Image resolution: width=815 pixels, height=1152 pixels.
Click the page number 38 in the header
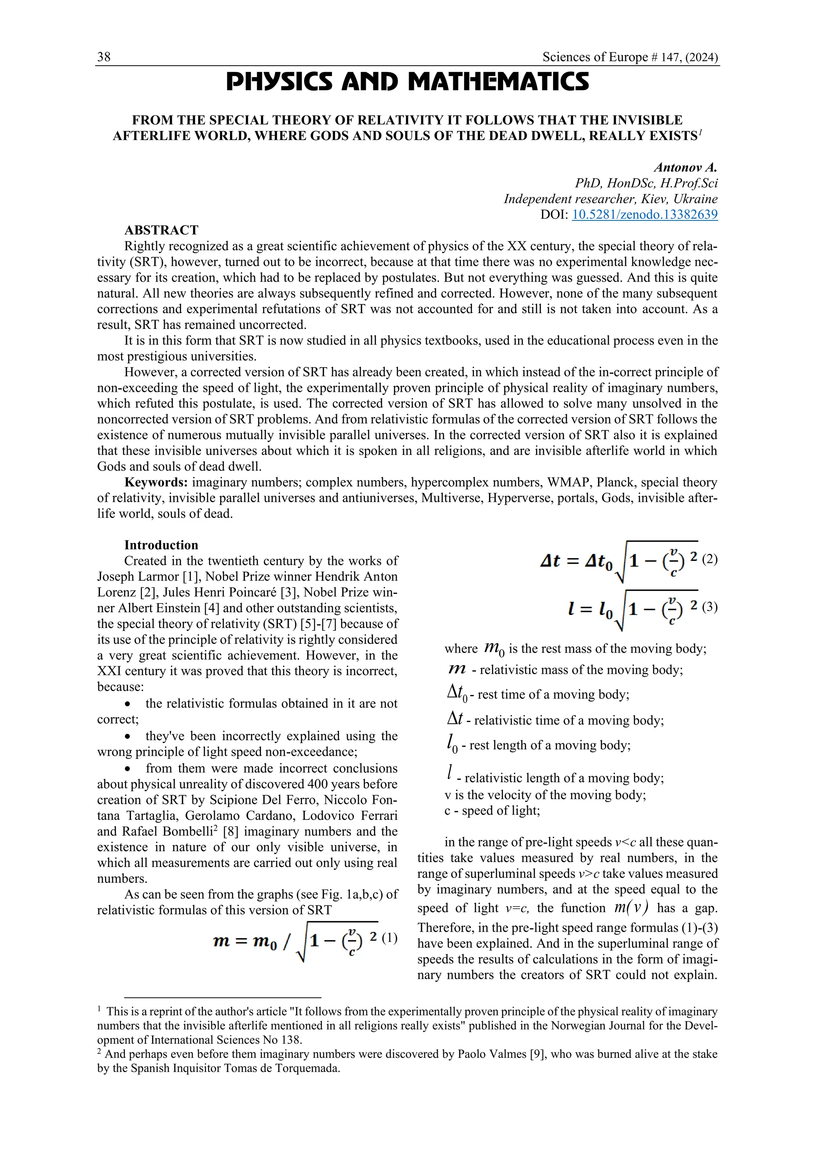(104, 57)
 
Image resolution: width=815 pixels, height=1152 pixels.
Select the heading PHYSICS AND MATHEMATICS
(407, 82)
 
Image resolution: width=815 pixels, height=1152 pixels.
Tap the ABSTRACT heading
(161, 230)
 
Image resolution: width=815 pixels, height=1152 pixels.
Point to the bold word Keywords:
(156, 483)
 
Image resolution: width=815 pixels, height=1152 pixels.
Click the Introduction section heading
(161, 545)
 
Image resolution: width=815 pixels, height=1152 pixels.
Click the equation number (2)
(710, 559)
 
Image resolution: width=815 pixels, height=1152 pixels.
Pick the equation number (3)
(710, 607)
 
